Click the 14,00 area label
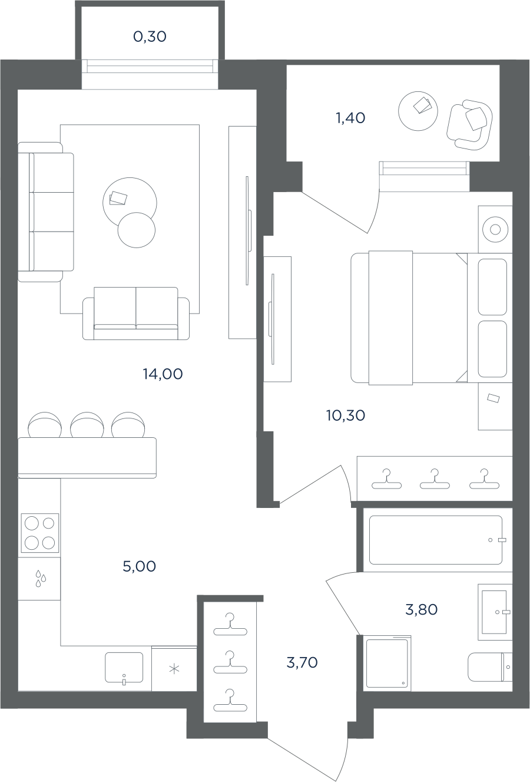point(163,374)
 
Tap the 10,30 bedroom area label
point(346,415)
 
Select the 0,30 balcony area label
point(150,37)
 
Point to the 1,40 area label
point(350,118)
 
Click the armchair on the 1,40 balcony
point(469,125)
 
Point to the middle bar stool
point(87,425)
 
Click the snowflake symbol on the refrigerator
point(174,669)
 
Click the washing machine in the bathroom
point(387,664)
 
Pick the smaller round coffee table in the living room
point(137,230)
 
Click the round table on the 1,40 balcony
point(418,111)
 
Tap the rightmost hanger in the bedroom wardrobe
point(484,479)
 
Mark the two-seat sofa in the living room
point(136,313)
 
